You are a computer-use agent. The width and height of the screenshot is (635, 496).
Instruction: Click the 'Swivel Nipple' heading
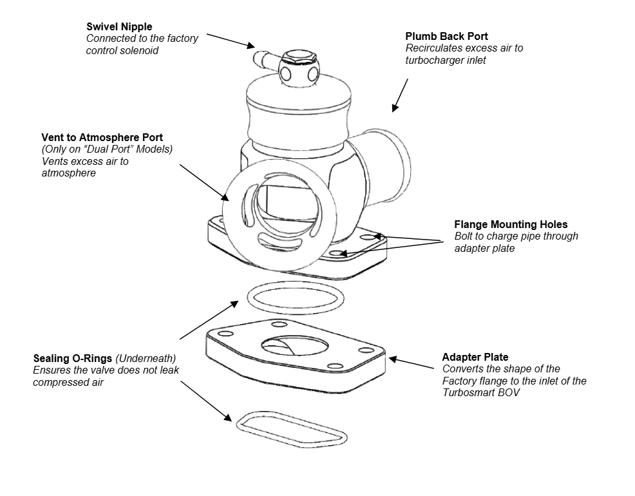coord(119,27)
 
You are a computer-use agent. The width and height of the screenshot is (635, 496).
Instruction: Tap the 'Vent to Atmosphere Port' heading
coord(102,138)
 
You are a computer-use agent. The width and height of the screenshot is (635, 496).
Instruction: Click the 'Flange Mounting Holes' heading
coord(511,225)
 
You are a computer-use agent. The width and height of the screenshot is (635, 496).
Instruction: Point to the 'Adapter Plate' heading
coord(475,357)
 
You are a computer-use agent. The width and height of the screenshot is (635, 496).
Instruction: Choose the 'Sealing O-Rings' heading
coord(72,358)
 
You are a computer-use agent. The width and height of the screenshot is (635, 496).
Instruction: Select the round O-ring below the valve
coord(296,298)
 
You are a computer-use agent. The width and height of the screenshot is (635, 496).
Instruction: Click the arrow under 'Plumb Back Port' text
coord(401,95)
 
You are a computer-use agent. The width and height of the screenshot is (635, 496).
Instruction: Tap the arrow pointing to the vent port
coord(201,181)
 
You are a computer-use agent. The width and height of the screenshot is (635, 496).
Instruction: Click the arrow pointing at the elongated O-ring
coord(206,401)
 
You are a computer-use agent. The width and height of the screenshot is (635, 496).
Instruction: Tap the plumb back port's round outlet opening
coord(394,155)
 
